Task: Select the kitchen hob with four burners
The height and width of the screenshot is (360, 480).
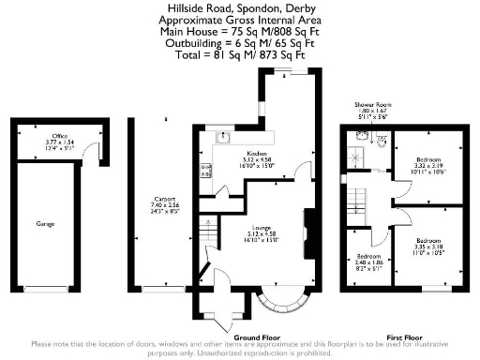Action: (206, 171)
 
